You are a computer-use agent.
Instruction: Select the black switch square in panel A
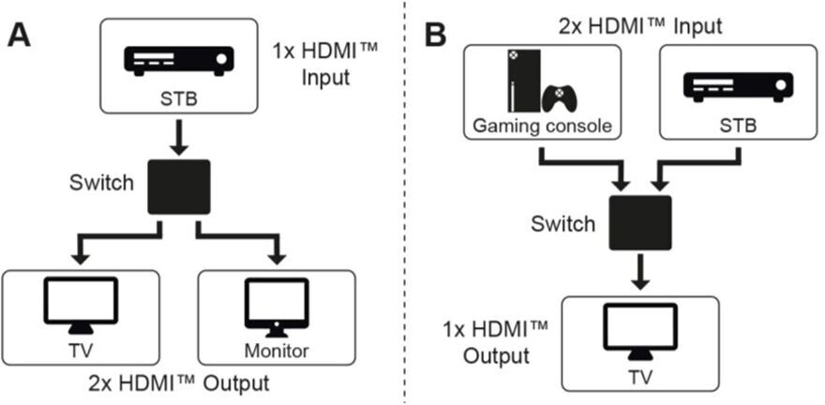point(181,187)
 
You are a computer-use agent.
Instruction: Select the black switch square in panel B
point(639,222)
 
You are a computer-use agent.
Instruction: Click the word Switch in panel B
point(562,224)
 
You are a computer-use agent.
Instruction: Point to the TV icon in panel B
point(639,337)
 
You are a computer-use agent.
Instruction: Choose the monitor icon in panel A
point(277,305)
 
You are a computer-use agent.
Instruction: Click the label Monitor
point(278,352)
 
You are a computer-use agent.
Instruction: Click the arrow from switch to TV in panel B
point(639,272)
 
